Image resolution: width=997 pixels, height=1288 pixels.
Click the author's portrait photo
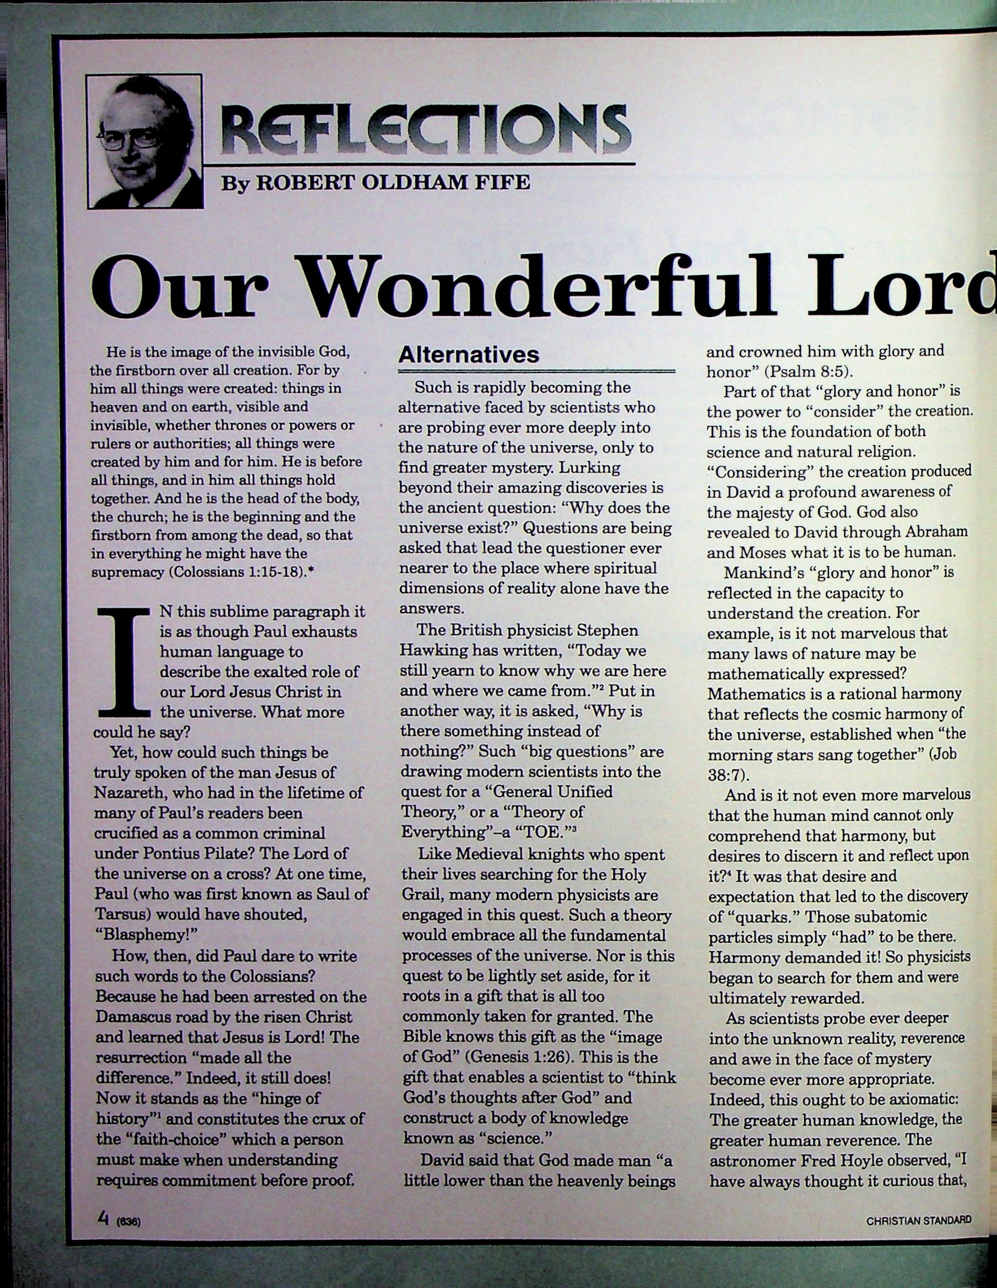click(145, 141)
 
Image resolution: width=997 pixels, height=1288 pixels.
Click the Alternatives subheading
click(469, 355)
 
